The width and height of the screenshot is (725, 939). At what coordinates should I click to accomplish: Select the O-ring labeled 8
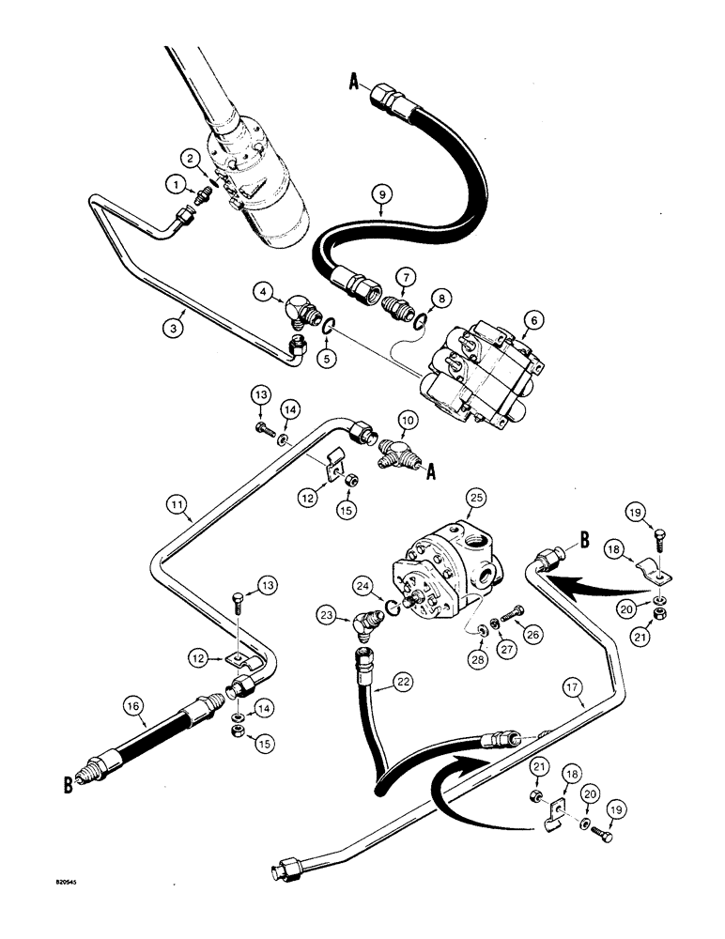click(x=421, y=324)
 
